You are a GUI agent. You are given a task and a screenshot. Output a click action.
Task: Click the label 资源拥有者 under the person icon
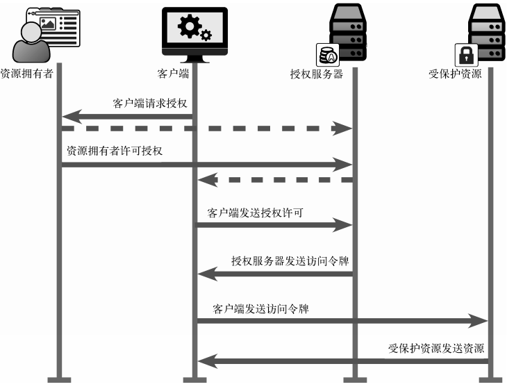(27, 73)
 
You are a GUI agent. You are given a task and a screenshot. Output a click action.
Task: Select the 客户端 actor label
(174, 73)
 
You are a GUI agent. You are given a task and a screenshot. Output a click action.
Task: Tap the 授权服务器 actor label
(317, 73)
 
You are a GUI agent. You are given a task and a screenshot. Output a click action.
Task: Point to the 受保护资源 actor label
(456, 73)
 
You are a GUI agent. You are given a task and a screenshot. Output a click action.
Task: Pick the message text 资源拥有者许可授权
(115, 151)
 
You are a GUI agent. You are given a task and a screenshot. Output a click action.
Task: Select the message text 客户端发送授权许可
(255, 212)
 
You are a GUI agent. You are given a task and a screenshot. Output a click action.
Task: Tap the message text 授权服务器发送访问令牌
(290, 261)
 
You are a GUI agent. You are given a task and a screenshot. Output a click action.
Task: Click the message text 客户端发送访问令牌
(260, 308)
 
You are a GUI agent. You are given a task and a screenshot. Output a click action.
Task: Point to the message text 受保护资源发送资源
(436, 348)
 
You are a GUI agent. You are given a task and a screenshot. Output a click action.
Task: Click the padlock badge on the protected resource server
(464, 54)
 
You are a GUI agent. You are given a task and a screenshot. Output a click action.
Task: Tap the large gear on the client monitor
(188, 26)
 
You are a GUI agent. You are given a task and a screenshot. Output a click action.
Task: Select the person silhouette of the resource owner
(32, 43)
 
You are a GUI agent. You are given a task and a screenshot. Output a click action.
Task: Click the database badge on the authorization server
(327, 53)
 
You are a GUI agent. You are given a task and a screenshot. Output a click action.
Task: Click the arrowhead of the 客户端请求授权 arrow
(70, 116)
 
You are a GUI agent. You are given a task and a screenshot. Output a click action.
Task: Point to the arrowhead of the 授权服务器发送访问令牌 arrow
(206, 274)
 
